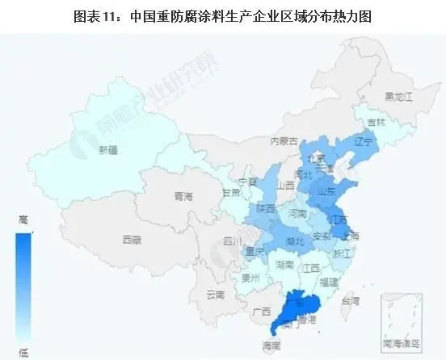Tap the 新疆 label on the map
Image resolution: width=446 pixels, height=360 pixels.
[108, 150]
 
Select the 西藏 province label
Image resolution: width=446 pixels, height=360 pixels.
[132, 240]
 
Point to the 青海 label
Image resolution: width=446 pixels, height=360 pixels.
[184, 197]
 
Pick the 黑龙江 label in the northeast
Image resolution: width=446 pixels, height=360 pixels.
[398, 96]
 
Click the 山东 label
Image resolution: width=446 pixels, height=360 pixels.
[327, 193]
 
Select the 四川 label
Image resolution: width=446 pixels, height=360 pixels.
[233, 241]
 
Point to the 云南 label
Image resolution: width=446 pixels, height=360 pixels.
[216, 294]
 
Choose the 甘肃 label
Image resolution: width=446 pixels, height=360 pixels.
[231, 193]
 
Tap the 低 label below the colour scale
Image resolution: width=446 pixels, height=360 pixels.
[23, 352]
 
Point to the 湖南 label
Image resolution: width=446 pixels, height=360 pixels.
[283, 265]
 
